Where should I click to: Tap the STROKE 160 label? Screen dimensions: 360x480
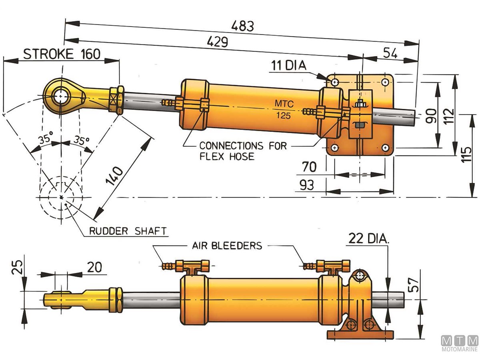(62, 54)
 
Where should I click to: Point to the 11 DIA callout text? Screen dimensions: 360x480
(287, 66)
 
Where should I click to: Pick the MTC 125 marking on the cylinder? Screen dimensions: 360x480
(284, 110)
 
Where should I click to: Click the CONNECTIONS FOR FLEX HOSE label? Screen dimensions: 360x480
(243, 151)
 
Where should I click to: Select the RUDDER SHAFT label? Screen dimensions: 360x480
(127, 231)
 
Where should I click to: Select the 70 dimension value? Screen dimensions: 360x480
(309, 166)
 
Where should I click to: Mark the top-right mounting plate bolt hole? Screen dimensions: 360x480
(384, 82)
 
